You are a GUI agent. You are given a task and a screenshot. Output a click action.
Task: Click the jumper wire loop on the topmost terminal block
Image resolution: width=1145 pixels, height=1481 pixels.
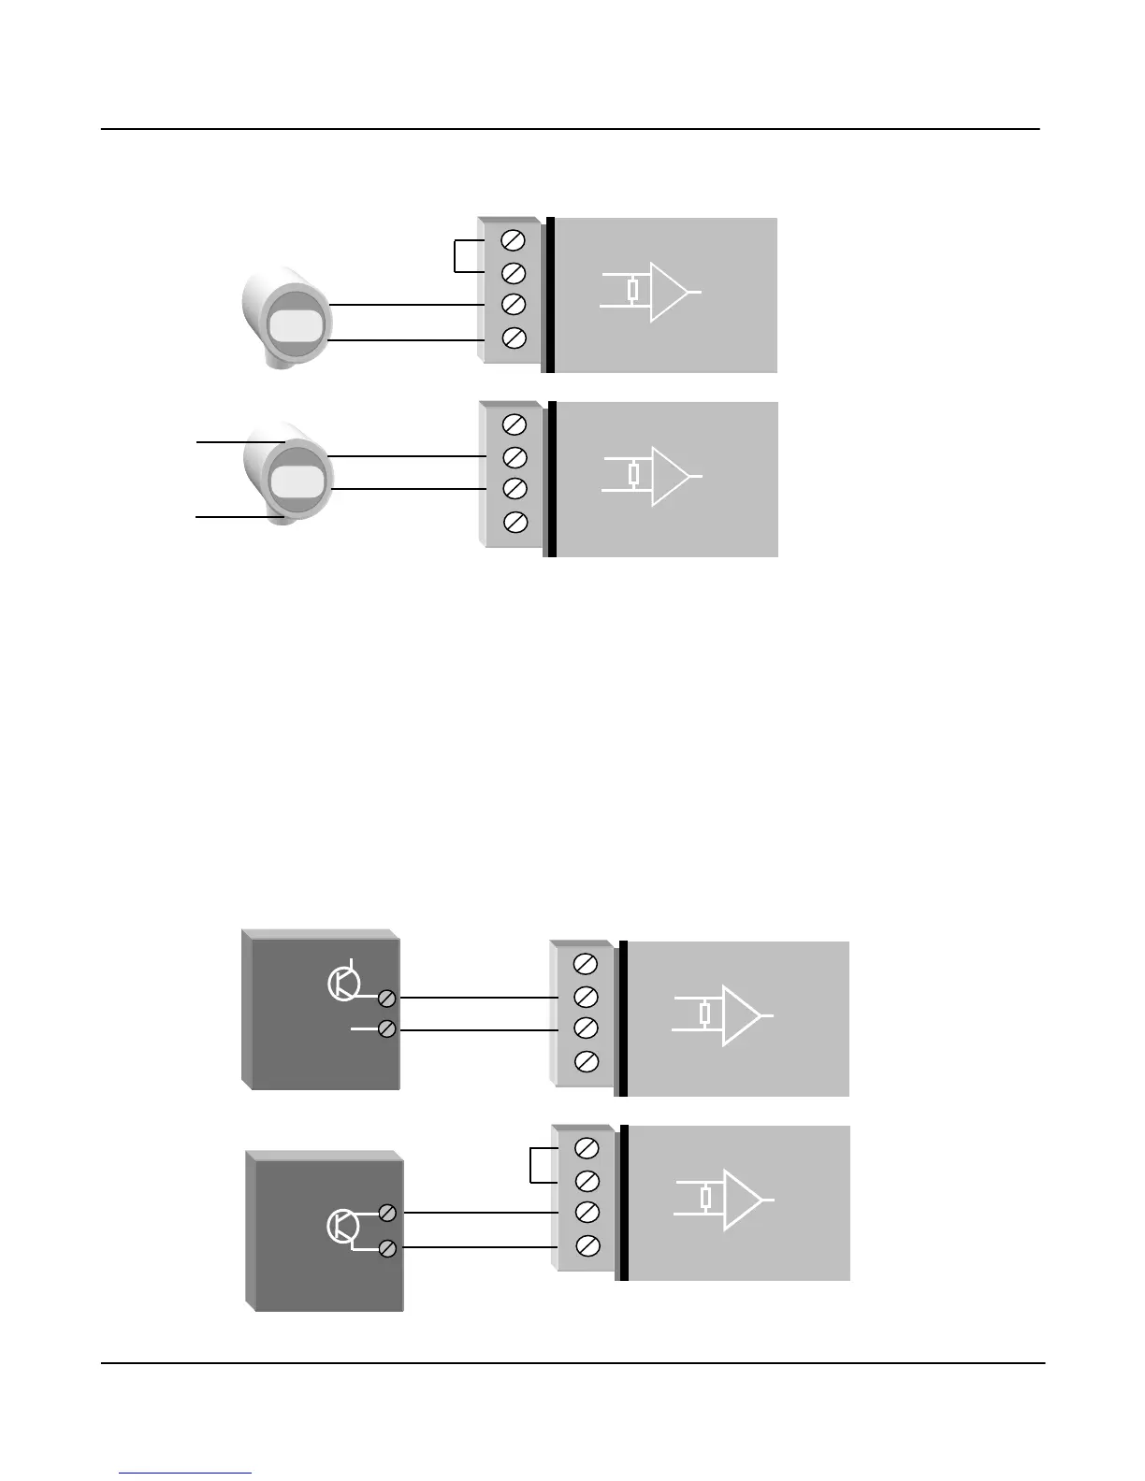456,257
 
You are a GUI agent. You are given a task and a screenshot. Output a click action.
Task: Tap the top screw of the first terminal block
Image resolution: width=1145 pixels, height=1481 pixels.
514,240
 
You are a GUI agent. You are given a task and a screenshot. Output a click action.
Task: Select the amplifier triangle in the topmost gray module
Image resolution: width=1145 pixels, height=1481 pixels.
667,292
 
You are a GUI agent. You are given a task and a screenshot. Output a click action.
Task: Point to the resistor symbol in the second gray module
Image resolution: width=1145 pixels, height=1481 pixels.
634,475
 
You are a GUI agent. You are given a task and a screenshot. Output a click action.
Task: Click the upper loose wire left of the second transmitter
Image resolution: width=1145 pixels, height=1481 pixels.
239,440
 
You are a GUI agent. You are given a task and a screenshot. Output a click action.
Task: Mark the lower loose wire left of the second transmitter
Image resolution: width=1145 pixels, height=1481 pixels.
239,516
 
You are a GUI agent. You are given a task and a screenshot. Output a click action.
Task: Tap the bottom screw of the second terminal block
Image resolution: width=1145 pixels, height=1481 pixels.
515,522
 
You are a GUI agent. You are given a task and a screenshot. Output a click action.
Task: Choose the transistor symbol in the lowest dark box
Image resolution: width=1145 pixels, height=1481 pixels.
342,1226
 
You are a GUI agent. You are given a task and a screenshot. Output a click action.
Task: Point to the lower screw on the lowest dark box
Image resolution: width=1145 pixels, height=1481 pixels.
387,1248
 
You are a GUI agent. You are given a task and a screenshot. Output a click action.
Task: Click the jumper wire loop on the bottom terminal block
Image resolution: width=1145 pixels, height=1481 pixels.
531,1165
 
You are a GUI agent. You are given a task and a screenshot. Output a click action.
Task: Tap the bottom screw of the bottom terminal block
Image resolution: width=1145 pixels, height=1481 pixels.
587,1245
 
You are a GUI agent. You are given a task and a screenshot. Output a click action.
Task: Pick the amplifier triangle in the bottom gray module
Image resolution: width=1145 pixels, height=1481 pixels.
741,1200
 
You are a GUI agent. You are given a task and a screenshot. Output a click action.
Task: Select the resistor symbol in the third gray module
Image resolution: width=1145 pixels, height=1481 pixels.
705,1014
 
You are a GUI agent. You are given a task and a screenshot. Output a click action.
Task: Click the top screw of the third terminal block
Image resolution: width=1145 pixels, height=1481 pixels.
585,963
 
